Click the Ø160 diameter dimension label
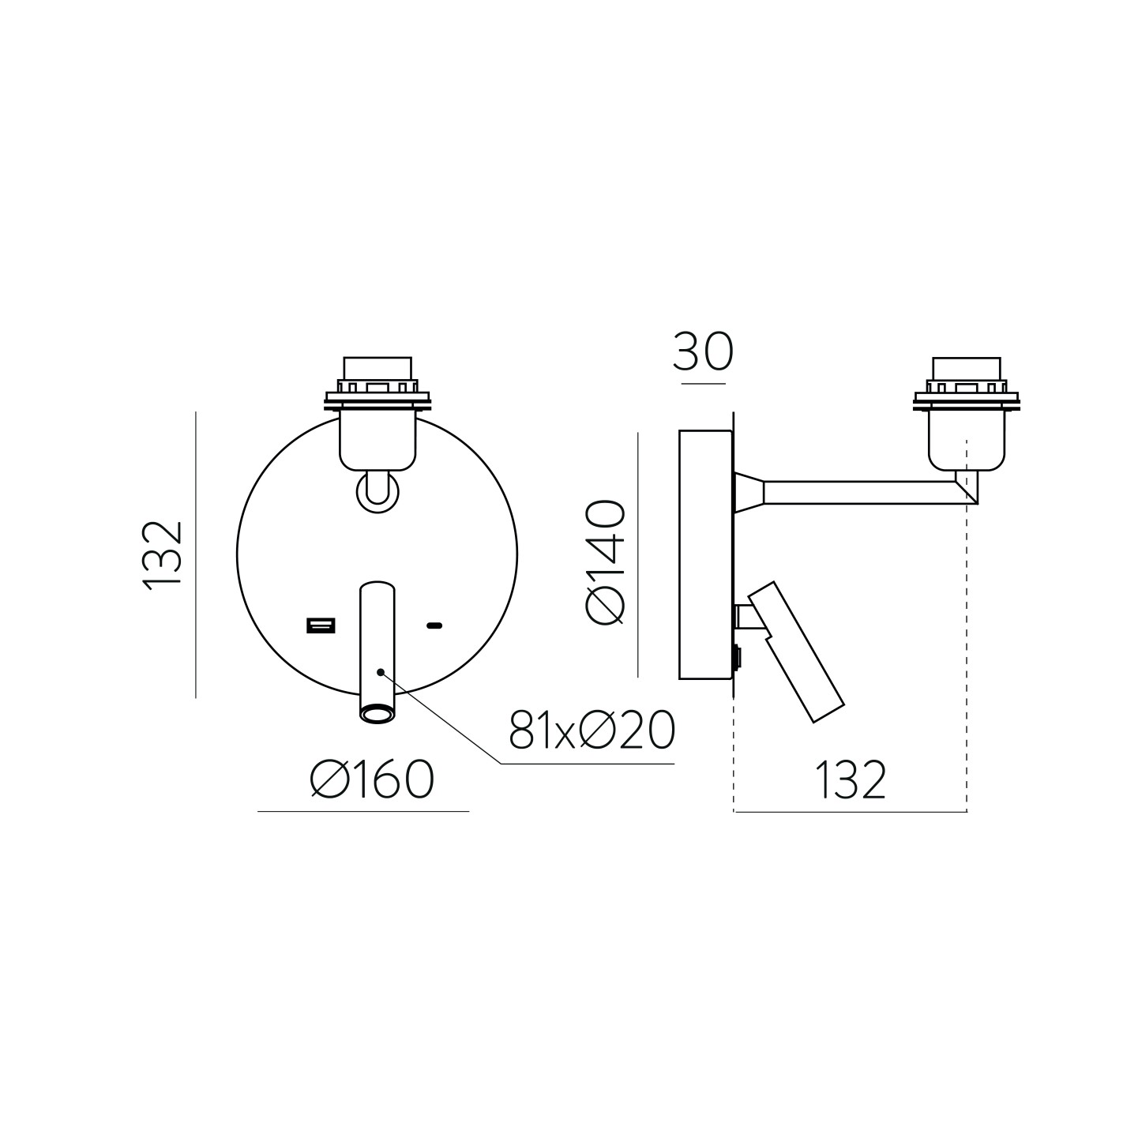373,779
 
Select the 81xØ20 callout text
592,730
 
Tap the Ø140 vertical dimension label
605,562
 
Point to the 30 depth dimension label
703,353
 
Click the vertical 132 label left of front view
163,556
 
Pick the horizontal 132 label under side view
851,779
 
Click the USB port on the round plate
321,626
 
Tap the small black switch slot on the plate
434,626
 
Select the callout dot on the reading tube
381,672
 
